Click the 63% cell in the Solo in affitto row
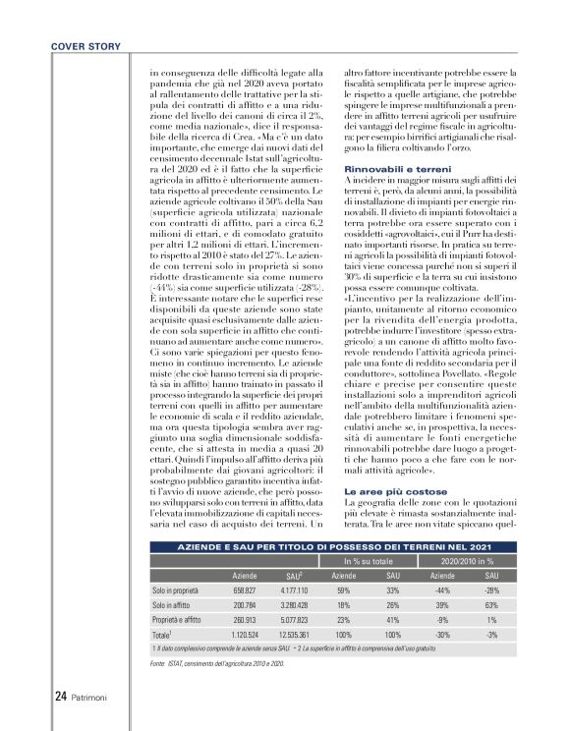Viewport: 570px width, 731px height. pyautogui.click(x=492, y=606)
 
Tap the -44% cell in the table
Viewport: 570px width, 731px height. pyautogui.click(x=439, y=590)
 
